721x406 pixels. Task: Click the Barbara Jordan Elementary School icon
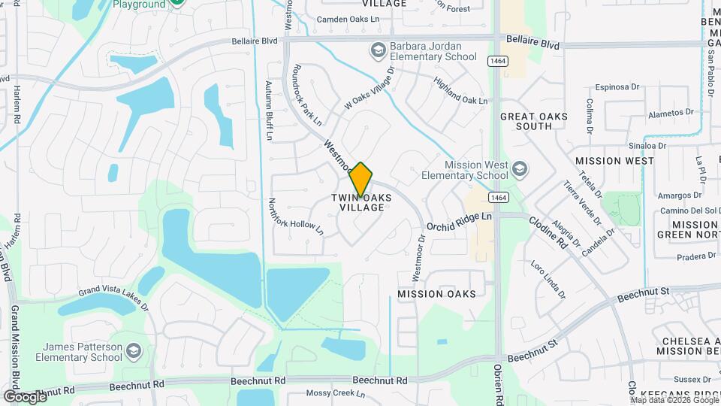tap(378, 50)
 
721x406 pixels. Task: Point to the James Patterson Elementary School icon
tap(133, 351)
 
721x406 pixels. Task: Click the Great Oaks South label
tap(533, 121)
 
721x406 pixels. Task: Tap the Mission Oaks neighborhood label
tap(436, 293)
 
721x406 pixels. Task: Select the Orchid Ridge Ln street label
tap(459, 221)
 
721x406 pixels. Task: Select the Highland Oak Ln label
tap(460, 91)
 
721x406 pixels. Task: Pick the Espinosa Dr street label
tap(617, 87)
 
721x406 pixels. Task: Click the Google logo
tap(25, 396)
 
